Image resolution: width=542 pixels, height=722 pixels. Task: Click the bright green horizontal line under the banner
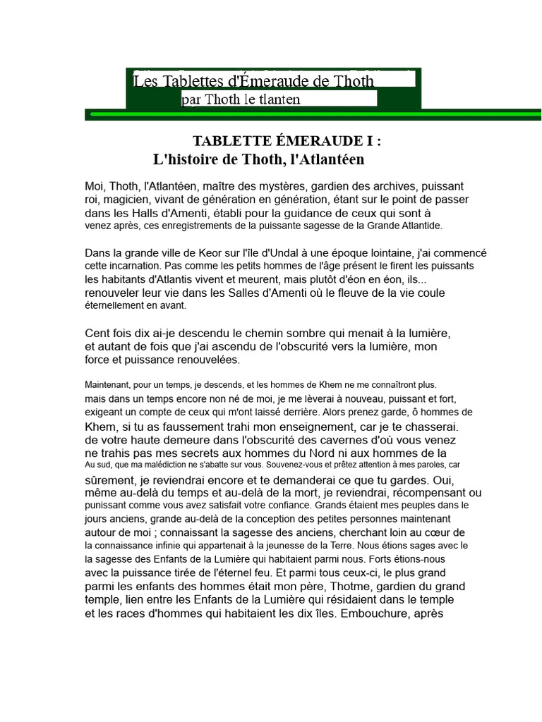(318, 113)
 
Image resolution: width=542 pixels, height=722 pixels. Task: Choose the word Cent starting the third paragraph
(97, 333)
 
